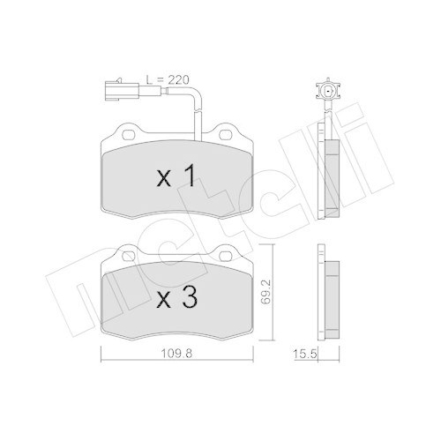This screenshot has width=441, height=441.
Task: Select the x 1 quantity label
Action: pyautogui.click(x=175, y=176)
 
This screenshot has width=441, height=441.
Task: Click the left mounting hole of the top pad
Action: pyautogui.click(x=128, y=135)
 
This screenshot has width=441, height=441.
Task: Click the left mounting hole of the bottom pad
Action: pyautogui.click(x=129, y=257)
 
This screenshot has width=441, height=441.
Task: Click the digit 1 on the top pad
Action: pyautogui.click(x=188, y=176)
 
